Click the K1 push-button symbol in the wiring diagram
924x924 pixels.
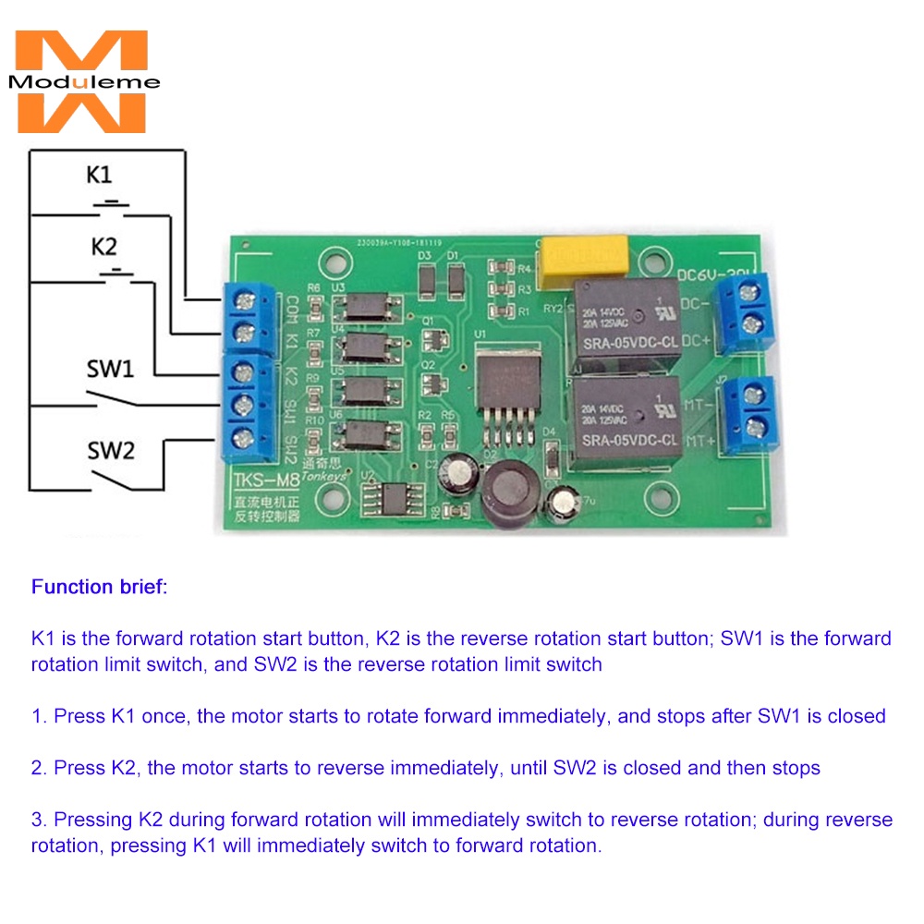(112, 202)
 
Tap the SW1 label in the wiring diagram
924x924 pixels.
(110, 370)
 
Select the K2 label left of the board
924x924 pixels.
(103, 248)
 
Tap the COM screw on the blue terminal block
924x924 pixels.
(245, 298)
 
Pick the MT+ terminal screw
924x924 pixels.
(754, 426)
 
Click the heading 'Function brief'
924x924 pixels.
(99, 587)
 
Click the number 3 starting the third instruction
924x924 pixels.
(37, 820)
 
